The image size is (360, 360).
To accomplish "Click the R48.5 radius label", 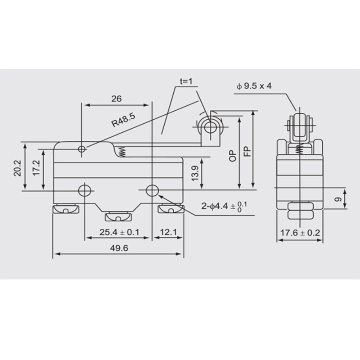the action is (x=123, y=120).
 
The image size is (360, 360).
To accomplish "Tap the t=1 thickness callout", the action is (x=186, y=81).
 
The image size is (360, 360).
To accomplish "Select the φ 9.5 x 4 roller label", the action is (x=254, y=86).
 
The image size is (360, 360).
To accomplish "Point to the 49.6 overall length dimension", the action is (x=119, y=248).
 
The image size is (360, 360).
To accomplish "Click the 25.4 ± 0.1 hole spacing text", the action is (x=119, y=232).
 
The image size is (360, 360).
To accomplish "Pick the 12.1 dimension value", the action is (x=168, y=232).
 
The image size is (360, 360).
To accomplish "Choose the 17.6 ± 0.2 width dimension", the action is (x=300, y=233).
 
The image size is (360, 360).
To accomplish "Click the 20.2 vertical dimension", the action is (x=18, y=168).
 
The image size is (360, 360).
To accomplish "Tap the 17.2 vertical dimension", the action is (x=36, y=168).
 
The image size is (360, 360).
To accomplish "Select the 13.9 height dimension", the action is (x=195, y=173).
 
